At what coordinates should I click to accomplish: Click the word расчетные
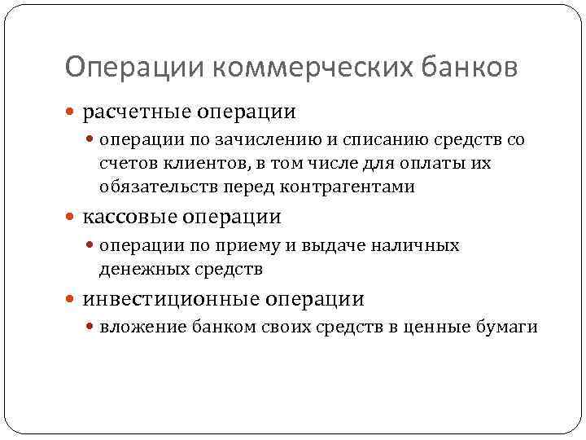pos(133,110)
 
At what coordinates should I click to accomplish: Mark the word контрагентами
pos(348,187)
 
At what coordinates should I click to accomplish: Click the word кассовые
pos(128,218)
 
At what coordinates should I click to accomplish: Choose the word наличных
pos(419,246)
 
